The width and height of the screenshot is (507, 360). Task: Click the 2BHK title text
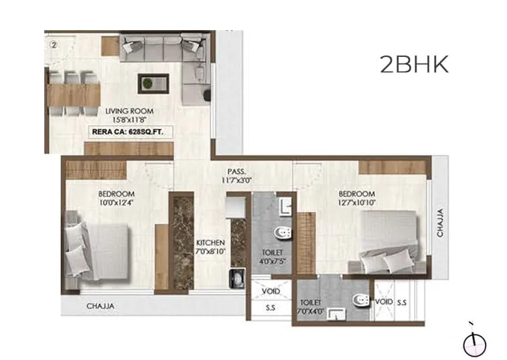point(413,64)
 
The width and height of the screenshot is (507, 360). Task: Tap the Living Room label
point(129,111)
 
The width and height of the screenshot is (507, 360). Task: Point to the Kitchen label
point(210,242)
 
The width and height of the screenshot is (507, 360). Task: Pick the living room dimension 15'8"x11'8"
point(129,120)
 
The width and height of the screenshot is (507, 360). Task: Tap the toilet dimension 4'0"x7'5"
point(271,262)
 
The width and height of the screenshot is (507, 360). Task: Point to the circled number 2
point(54,46)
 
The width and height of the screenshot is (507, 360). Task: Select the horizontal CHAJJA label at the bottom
point(101,306)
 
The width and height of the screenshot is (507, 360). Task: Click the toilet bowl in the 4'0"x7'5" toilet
point(282,234)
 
